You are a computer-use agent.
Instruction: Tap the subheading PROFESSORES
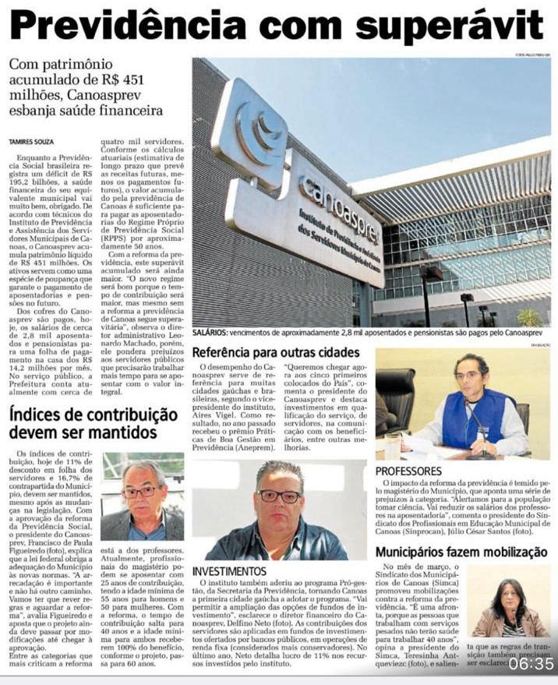click(x=409, y=471)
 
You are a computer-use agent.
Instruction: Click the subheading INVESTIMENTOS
click(x=231, y=571)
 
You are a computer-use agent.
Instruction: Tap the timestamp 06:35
click(x=532, y=664)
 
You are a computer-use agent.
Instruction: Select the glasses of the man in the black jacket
click(x=278, y=496)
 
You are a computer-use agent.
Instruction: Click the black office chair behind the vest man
click(x=397, y=397)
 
